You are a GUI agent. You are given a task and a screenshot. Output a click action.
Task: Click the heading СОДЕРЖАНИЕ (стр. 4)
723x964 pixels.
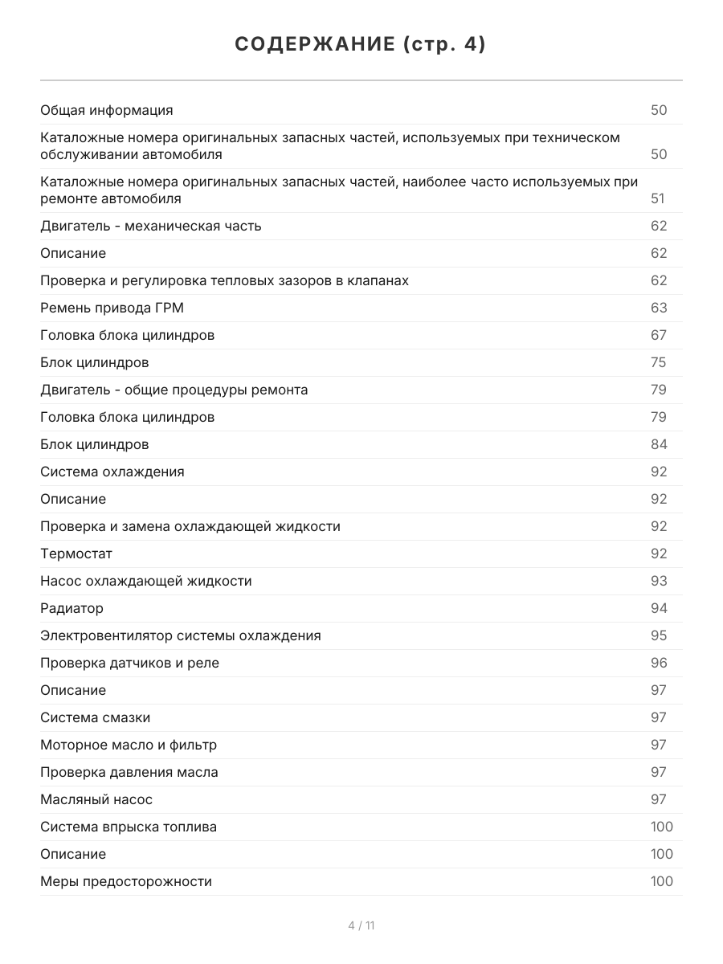[x=361, y=45]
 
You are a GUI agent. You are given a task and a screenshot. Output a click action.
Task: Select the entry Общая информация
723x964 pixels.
[x=107, y=110]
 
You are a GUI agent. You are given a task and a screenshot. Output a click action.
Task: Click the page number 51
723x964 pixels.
[x=659, y=198]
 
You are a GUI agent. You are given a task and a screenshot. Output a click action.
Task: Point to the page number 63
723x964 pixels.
[x=659, y=308]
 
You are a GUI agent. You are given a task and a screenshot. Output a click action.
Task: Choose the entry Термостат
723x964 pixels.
[x=76, y=553]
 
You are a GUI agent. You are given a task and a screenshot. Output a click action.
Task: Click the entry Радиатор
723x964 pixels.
[x=72, y=608]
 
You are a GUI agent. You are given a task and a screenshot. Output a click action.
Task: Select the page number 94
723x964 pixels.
[x=659, y=608]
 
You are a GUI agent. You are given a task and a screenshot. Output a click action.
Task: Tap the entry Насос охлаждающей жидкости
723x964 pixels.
[x=146, y=581]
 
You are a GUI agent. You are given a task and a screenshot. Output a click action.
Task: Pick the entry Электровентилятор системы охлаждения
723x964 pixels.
[x=181, y=635]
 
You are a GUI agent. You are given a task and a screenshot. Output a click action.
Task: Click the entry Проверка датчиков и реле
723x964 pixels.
[x=129, y=663]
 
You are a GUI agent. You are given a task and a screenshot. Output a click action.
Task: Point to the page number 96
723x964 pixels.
[x=659, y=663]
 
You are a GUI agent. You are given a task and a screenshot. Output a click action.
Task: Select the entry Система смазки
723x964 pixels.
[x=95, y=717]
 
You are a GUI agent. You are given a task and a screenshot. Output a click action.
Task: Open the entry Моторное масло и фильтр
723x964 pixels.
[x=129, y=745]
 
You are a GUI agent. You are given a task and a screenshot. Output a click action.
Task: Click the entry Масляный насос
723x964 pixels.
[x=96, y=799]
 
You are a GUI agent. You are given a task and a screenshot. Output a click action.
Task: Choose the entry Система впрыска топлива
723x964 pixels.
[x=129, y=827]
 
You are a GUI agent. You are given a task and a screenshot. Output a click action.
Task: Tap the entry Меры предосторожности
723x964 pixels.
[x=126, y=881]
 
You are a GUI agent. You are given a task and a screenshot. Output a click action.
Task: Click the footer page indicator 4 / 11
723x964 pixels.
[x=361, y=925]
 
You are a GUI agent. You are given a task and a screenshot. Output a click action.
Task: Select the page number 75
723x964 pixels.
[x=659, y=362]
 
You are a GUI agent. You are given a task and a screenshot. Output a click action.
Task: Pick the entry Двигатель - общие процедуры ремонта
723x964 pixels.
[x=174, y=390]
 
